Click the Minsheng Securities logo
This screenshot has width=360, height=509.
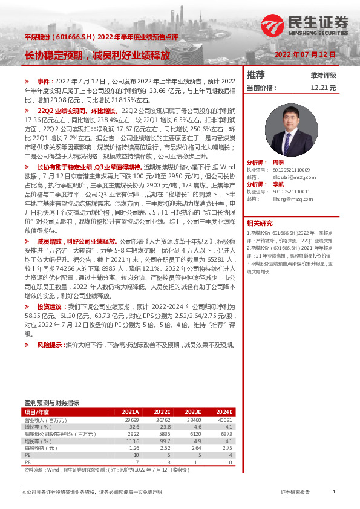pos(305,25)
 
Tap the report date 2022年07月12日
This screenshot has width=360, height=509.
pos(305,54)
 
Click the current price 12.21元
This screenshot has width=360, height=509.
pos(323,88)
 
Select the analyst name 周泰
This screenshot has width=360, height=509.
pos(278,163)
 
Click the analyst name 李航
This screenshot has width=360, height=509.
pos(278,184)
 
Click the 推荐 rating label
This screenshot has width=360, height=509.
pos(256,75)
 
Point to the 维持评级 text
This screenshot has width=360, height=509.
pos(323,76)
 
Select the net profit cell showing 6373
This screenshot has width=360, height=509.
pos(226,433)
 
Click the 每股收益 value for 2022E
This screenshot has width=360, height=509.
pos(164,448)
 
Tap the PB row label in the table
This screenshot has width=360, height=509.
pos(27,462)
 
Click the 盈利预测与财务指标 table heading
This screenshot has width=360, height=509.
pos(51,403)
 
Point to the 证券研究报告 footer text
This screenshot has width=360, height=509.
pos(295,493)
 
